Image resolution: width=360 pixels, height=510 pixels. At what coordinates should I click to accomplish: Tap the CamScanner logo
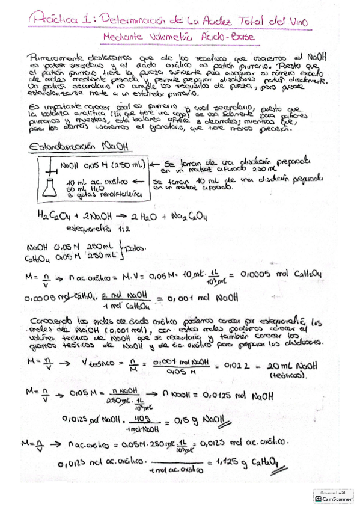pyautogui.click(x=331, y=496)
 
